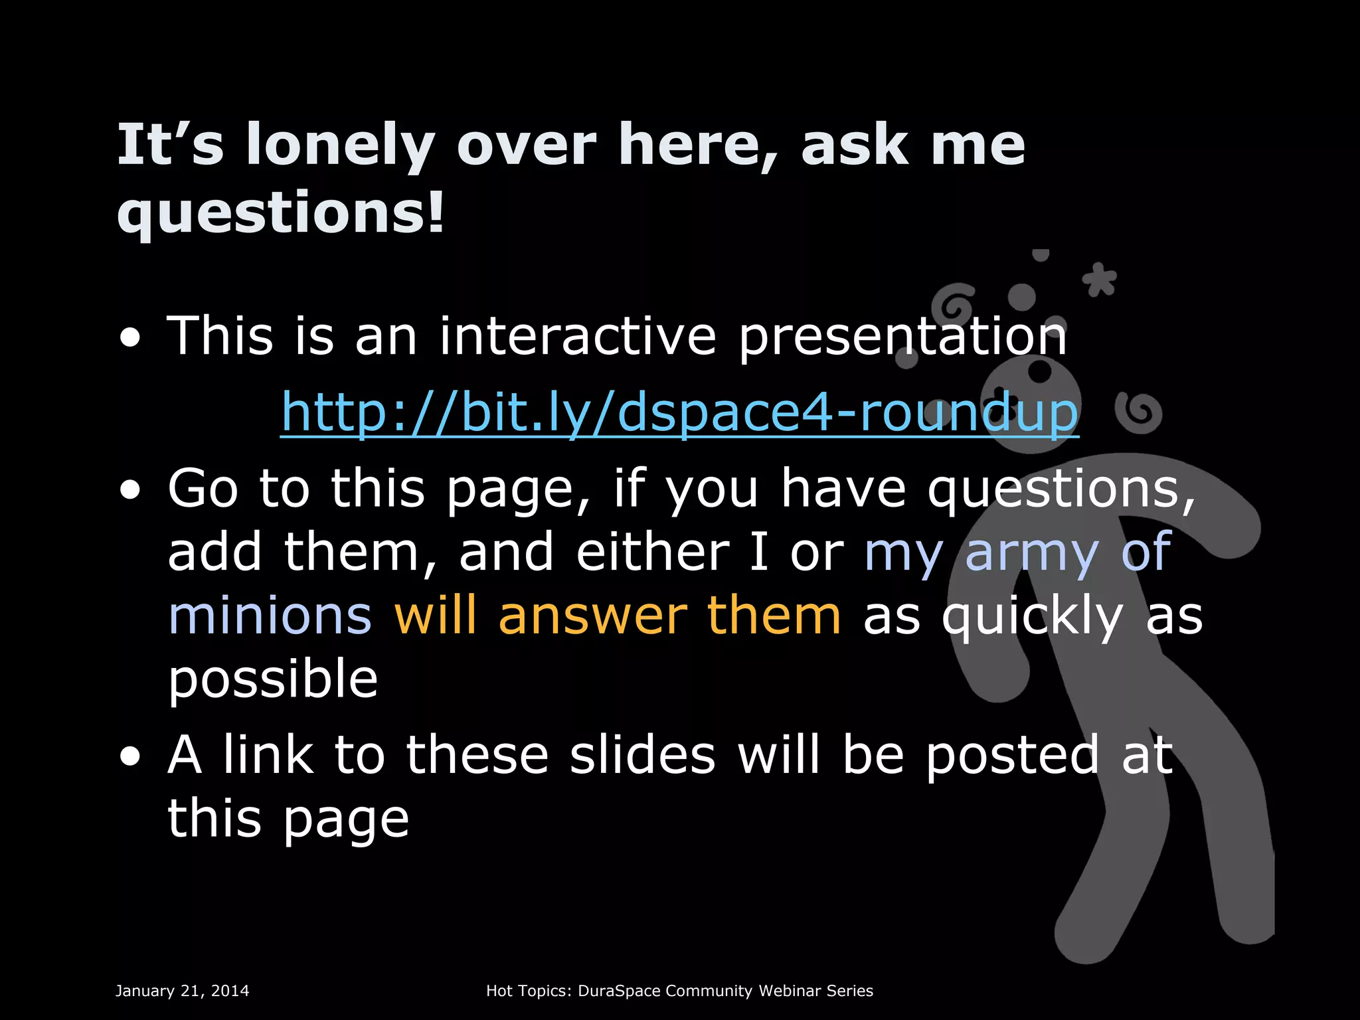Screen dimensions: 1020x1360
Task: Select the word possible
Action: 272,679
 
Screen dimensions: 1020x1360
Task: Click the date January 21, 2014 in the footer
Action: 183,991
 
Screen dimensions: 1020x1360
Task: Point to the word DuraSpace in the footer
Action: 619,991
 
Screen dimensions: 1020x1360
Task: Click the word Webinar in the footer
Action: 790,991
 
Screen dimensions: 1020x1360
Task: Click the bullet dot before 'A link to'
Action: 131,756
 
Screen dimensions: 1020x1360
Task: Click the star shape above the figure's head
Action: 1100,280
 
